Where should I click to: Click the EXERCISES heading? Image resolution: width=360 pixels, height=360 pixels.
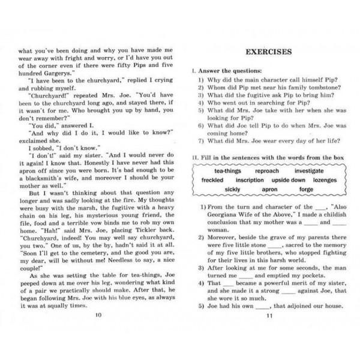click(265, 52)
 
